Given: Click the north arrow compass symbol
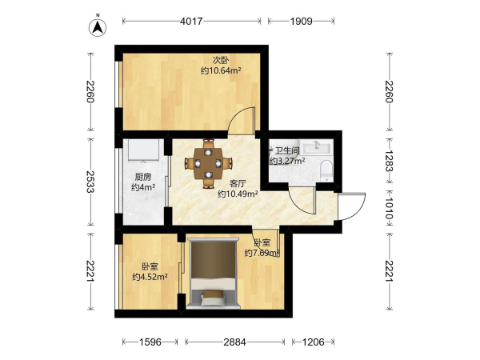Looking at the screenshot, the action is coord(98,26).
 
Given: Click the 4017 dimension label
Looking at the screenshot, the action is coord(191,21).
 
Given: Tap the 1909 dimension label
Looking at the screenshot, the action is coord(302,21).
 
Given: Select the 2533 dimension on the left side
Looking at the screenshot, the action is coord(90,182).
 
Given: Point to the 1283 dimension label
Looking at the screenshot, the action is coord(389,161).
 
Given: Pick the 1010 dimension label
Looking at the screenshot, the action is coord(389,208).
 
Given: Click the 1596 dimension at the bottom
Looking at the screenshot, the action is coord(150,342).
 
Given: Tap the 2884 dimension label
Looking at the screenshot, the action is coord(234,342).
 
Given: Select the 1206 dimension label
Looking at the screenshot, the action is coord(313,342).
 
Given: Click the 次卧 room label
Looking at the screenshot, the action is coord(221,60).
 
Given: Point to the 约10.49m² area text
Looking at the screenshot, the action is coord(238,194).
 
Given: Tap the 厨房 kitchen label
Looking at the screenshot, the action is coord(143,177).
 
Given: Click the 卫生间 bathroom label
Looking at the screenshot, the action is coord(287,150).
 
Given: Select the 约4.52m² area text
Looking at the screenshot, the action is coord(150,277).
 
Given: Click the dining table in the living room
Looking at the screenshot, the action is coord(209,163).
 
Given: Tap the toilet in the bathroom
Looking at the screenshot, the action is coord(326,170).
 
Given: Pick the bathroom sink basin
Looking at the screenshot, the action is coord(316,146).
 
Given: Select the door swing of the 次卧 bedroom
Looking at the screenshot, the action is coord(242,121).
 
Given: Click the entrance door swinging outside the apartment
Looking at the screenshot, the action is coord(352,206).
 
